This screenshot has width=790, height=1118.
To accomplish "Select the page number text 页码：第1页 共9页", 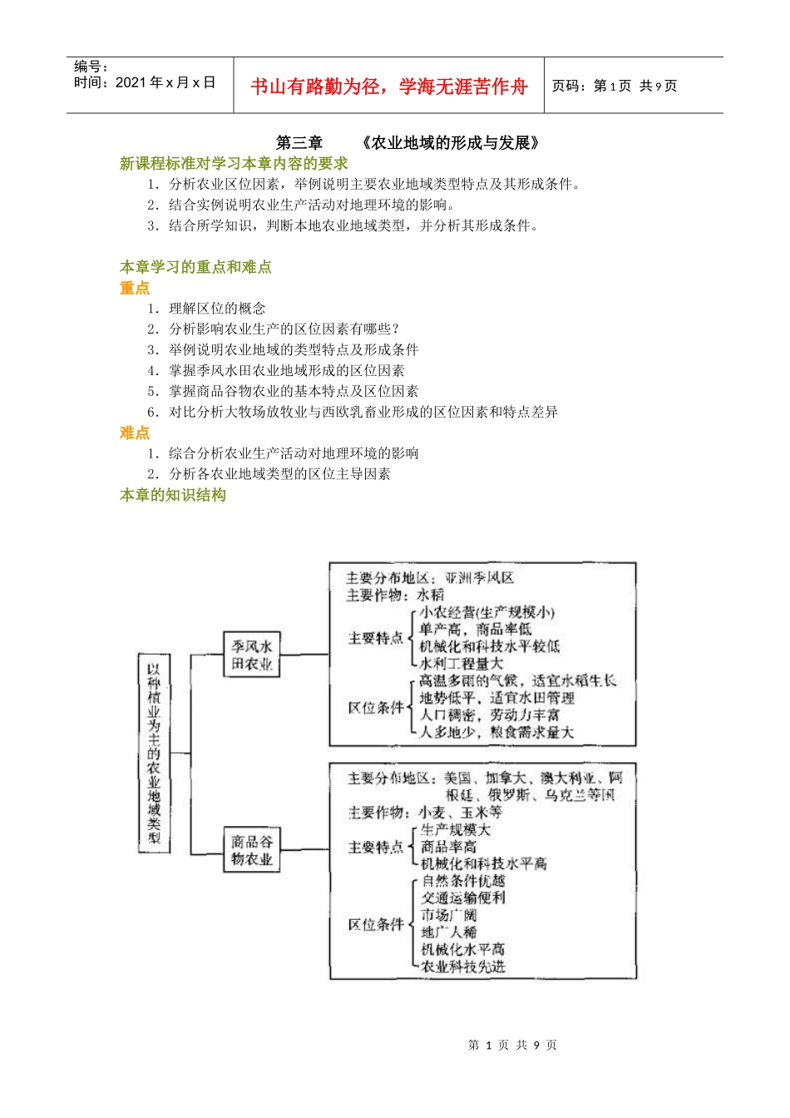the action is click(x=615, y=86).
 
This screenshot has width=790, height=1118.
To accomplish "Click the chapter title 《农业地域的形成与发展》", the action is click(x=452, y=143).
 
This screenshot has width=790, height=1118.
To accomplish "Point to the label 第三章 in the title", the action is click(x=299, y=143).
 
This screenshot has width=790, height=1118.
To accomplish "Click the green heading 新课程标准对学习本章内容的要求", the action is click(x=234, y=164).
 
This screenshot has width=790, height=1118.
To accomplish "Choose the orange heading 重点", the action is click(x=135, y=288).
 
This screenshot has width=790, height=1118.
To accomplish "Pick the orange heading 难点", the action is click(x=135, y=433).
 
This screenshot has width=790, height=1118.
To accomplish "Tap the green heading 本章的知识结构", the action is click(x=173, y=495).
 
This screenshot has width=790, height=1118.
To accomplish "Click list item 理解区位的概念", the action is click(x=217, y=309).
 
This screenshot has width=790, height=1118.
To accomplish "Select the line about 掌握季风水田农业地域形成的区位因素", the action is click(x=287, y=370).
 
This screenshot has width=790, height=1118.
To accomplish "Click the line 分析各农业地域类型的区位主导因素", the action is click(x=279, y=474).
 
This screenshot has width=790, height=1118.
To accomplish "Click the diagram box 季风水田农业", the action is click(x=252, y=655).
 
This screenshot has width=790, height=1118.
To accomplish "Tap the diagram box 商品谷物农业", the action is click(x=252, y=849).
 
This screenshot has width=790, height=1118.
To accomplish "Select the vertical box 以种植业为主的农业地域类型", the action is click(x=154, y=753).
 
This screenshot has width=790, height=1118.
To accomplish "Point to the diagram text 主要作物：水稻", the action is click(x=396, y=595).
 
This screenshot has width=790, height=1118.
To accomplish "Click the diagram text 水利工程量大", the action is click(x=462, y=664).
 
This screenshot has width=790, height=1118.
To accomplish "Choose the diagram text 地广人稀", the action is click(x=449, y=932).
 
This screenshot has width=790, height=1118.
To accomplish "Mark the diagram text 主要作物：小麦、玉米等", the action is click(x=425, y=812).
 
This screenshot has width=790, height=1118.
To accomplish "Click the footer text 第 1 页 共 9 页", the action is click(x=512, y=1045).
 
